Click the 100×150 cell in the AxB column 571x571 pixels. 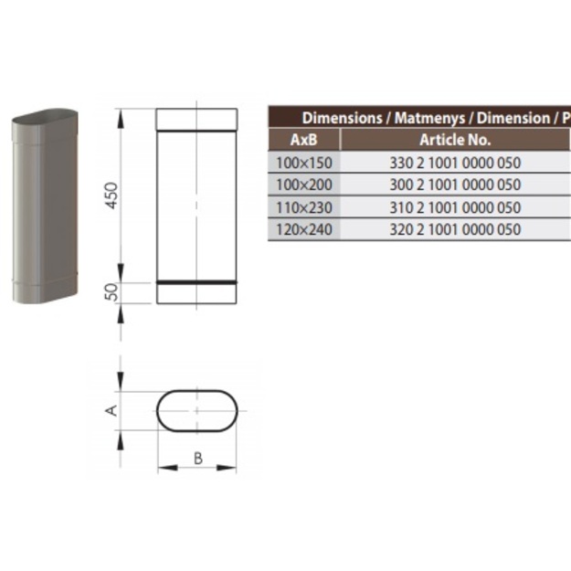pos(304,163)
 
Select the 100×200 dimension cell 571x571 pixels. pos(304,185)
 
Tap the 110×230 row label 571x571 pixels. pos(304,207)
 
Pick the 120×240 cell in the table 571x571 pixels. pos(304,229)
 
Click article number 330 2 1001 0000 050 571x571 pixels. pos(455,163)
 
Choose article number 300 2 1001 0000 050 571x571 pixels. pos(455,185)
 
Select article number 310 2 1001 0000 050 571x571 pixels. pos(455,207)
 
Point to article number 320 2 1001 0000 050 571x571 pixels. pos(455,229)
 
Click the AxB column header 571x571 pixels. pos(303,140)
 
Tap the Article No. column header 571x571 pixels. pos(455,140)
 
